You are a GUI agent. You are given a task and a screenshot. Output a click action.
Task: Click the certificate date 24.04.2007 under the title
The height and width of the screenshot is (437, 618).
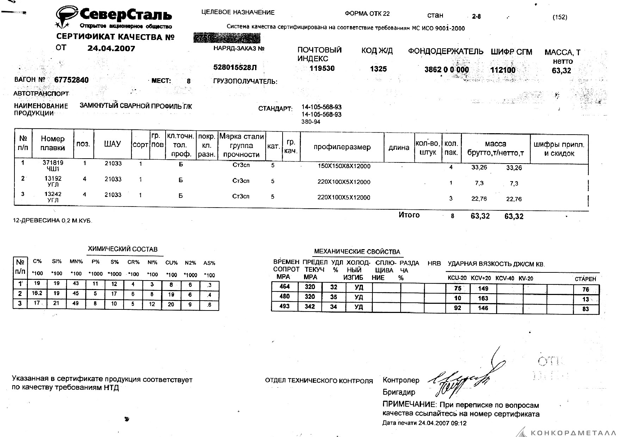pos(111,49)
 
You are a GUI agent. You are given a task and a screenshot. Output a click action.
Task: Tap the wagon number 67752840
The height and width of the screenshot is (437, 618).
pos(72,80)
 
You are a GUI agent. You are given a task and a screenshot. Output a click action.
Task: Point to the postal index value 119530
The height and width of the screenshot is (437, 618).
pos(322,68)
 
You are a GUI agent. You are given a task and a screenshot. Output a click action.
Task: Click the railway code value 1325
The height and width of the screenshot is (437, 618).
pos(378,69)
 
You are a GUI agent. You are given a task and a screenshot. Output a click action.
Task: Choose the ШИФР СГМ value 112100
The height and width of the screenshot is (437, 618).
pos(503,70)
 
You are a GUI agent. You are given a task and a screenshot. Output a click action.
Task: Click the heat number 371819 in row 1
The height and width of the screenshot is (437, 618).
pos(52,163)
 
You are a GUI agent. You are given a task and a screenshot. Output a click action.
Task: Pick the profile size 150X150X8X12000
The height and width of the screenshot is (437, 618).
pos(344,166)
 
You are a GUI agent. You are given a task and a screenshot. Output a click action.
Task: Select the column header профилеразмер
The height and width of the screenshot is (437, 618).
pos(342,147)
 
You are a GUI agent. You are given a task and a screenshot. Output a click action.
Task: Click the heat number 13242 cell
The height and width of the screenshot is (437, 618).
pos(53,194)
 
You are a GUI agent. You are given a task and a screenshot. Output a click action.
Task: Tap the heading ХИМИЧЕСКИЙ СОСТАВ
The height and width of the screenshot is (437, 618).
pos(123,249)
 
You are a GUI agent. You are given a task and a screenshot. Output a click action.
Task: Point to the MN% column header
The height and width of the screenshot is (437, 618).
pos(76,261)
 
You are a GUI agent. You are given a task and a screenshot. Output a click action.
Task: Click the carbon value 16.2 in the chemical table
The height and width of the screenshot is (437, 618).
pos(37,293)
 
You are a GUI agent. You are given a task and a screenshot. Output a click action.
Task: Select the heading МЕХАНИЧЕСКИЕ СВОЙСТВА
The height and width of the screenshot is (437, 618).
pos(357,252)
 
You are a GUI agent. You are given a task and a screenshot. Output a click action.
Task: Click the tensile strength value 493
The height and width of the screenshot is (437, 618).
pos(284,306)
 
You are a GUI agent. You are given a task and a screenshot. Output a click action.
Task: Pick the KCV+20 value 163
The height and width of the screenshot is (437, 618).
pos(483,298)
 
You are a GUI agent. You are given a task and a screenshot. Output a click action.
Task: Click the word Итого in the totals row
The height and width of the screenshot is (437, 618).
pos(409,215)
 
